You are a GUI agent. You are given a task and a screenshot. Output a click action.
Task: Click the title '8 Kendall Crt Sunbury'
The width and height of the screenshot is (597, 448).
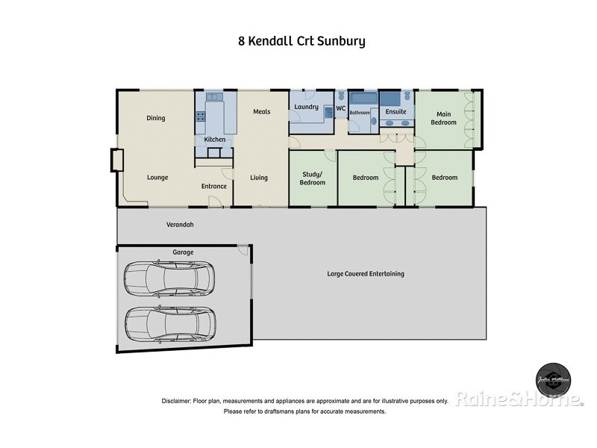(301, 41)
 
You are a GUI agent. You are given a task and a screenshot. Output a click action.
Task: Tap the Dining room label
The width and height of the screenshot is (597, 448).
(155, 118)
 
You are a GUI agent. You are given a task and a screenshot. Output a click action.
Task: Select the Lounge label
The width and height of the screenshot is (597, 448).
(157, 178)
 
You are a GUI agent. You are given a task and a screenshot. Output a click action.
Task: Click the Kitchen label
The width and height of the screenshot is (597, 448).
(215, 140)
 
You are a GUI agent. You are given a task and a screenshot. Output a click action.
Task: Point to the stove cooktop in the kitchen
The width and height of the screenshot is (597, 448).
(200, 116)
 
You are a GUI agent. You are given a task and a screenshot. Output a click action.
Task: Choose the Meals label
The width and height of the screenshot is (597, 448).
(261, 112)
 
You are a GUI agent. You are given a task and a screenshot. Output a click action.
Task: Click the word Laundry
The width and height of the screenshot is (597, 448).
(307, 108)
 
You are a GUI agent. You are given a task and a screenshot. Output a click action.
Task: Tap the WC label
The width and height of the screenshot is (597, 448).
(340, 109)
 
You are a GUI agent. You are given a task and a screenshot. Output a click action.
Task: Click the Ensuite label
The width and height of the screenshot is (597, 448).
(396, 112)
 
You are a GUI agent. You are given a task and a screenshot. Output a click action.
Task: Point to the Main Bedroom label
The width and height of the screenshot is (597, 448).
(445, 118)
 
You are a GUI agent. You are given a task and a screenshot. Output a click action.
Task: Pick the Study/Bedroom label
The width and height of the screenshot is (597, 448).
(313, 178)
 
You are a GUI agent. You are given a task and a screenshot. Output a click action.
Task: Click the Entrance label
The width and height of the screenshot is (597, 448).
(213, 186)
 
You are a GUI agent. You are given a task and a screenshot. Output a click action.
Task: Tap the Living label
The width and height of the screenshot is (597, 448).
(259, 178)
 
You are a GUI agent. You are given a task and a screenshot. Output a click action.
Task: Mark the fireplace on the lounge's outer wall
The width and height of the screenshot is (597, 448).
(116, 160)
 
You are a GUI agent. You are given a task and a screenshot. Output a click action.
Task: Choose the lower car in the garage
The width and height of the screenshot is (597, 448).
(170, 323)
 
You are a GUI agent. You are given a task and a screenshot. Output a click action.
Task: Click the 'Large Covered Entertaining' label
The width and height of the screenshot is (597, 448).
(366, 274)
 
